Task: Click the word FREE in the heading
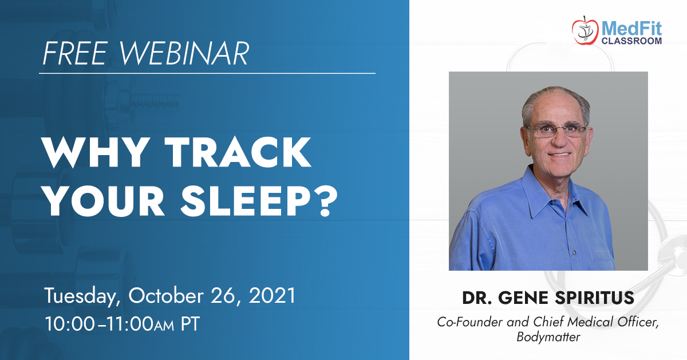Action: pos(76,53)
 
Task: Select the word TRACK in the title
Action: pos(240,152)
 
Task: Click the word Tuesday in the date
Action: pos(82,296)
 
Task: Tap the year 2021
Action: pos(272,296)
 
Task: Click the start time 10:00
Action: pos(70,323)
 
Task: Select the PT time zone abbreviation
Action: pos(190,323)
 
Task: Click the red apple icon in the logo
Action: pos(585,31)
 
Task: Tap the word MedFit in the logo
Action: pos(632,29)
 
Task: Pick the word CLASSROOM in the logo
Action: pos(632,41)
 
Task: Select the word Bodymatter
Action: pos(548,337)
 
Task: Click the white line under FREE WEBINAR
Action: pos(207,74)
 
